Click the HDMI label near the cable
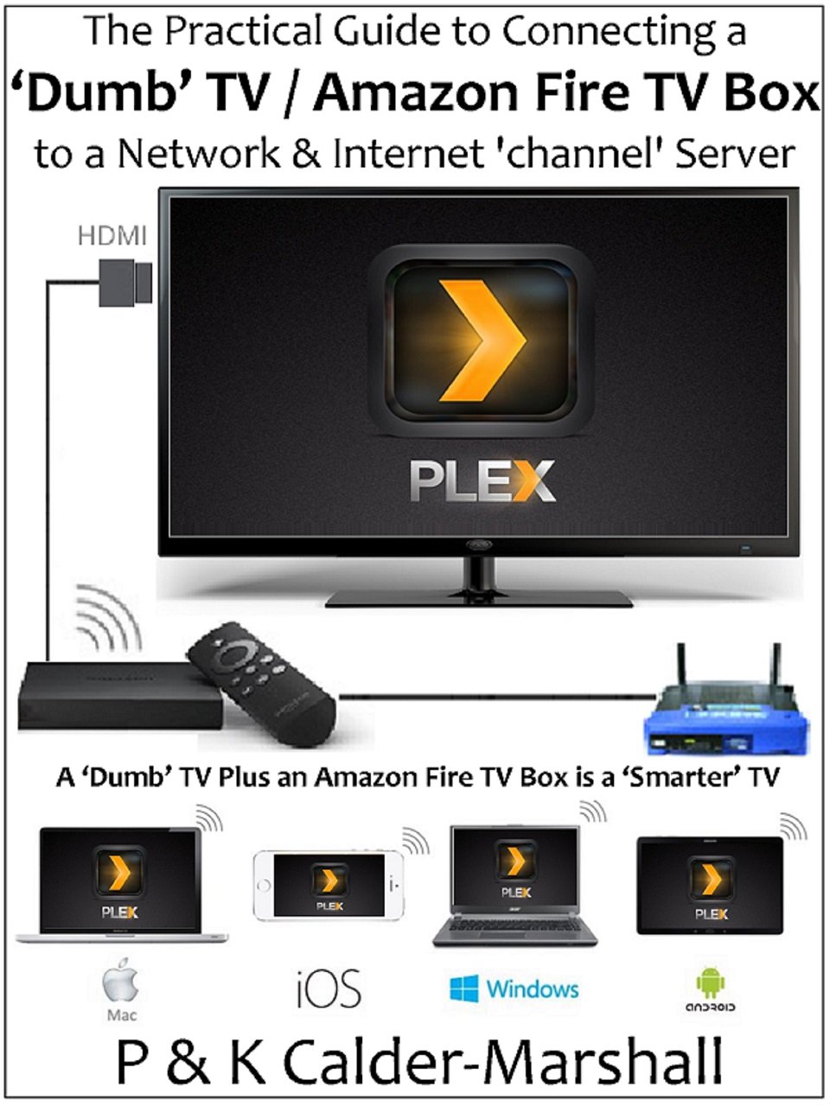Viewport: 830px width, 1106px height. coord(112,235)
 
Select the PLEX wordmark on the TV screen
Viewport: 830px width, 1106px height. coord(482,480)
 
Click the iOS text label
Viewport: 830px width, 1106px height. coord(329,989)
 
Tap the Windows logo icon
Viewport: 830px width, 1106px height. coord(464,988)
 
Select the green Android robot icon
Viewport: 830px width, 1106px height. coord(711,983)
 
